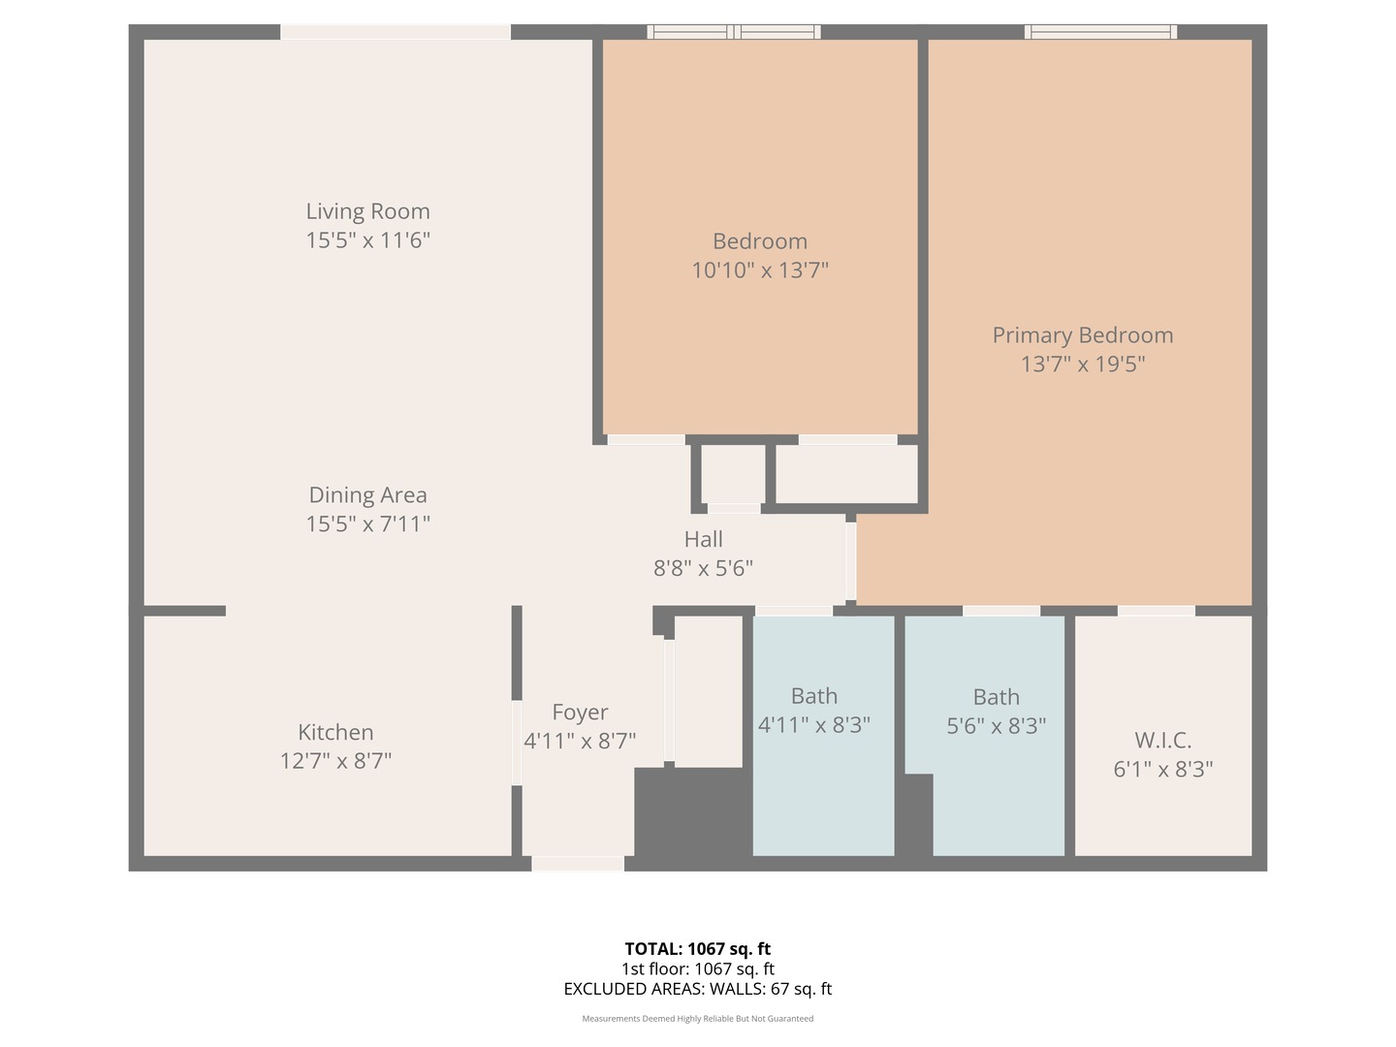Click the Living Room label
coord(367,211)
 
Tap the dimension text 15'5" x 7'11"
coord(367,523)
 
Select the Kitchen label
coord(335,732)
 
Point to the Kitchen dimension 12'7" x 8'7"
coord(335,761)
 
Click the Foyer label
coord(580,713)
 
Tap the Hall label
coord(703,539)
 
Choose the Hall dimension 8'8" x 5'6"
coord(703,568)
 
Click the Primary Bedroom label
coord(1082,335)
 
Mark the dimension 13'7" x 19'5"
coord(1082,365)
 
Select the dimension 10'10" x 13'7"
coord(759,270)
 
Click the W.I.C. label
coord(1162,741)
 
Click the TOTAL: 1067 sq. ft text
coord(697,949)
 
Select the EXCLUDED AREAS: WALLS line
coord(697,989)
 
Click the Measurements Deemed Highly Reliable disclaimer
coord(697,1019)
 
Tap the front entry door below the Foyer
coord(577,863)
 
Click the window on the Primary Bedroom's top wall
coord(1100,32)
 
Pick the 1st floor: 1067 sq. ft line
coord(697,968)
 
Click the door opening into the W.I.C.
coord(1156,611)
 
